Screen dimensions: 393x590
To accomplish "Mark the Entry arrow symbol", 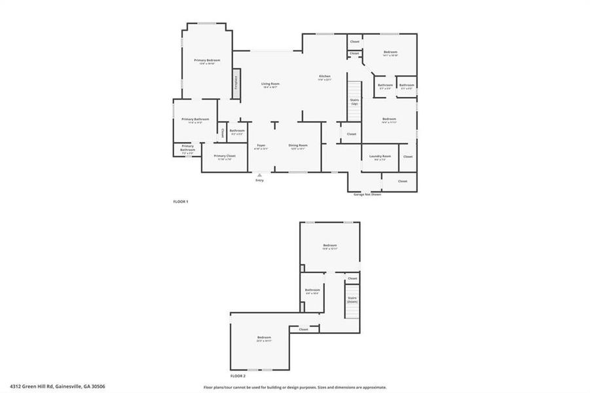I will click(260, 175).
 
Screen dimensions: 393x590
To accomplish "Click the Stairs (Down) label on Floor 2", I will click(352, 299).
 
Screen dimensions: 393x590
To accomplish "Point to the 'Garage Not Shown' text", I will click(367, 195).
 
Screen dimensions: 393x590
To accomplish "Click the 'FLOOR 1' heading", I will click(180, 201).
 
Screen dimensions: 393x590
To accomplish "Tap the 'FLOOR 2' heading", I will click(238, 377).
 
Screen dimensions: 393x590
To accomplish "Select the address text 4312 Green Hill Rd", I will click(58, 386).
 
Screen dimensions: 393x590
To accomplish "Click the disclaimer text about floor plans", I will click(295, 387).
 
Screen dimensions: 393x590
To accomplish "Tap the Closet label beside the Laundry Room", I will click(407, 157).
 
